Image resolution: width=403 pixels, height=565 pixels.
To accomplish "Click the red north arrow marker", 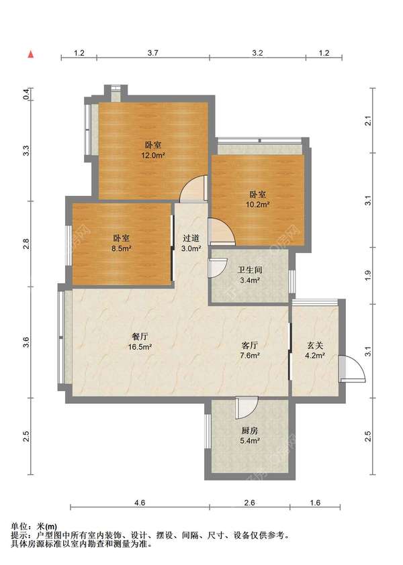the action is coord(32,54).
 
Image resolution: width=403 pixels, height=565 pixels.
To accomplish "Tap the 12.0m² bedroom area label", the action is coord(153,156).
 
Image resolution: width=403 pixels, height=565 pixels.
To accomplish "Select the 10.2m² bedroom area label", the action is coord(258,204).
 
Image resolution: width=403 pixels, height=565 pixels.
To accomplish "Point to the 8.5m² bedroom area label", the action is coord(122,248).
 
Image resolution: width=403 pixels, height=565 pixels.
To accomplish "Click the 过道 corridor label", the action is coord(191,238).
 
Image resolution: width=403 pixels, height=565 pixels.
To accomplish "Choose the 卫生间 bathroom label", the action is coord(250,270).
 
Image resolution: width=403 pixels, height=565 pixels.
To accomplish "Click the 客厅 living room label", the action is coord(250,345).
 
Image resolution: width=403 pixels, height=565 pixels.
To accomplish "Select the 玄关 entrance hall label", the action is coord(315,345).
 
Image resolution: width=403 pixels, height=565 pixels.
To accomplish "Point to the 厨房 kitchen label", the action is coord(250,430).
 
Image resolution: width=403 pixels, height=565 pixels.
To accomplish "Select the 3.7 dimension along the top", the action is coord(153,53).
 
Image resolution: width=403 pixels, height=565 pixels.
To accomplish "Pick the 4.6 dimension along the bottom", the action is coord(140,503).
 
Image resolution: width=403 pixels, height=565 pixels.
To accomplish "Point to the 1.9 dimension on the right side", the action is coord(367,276).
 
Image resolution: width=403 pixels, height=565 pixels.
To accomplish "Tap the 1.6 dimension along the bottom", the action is coord(315,503).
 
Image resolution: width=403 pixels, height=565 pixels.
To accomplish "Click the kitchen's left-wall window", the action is coord(207,431).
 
